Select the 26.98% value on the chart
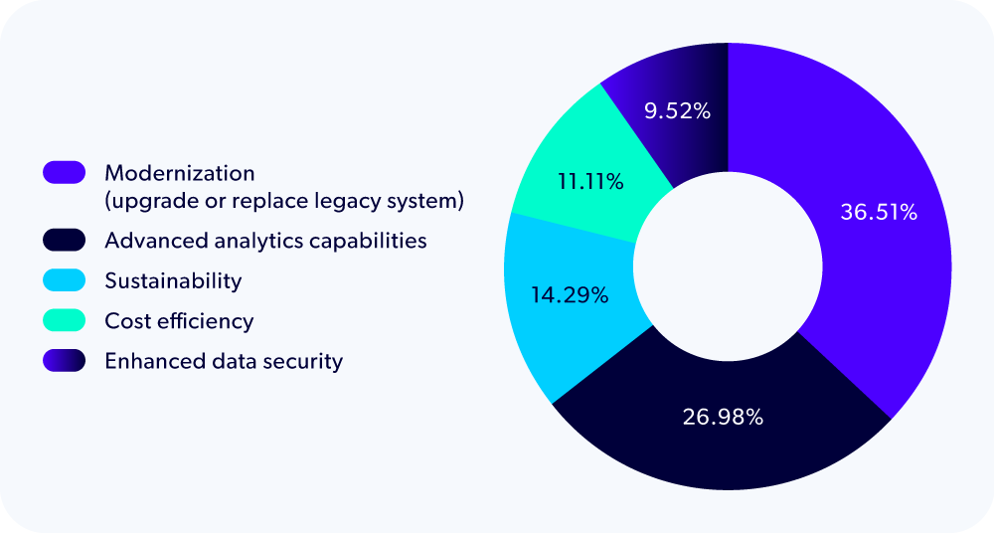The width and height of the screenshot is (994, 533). (x=723, y=417)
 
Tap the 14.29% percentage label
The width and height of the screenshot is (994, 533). (x=569, y=295)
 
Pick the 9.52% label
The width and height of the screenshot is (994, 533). (x=677, y=111)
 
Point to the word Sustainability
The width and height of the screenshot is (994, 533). (x=173, y=280)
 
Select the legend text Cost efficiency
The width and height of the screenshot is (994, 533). (x=179, y=321)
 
